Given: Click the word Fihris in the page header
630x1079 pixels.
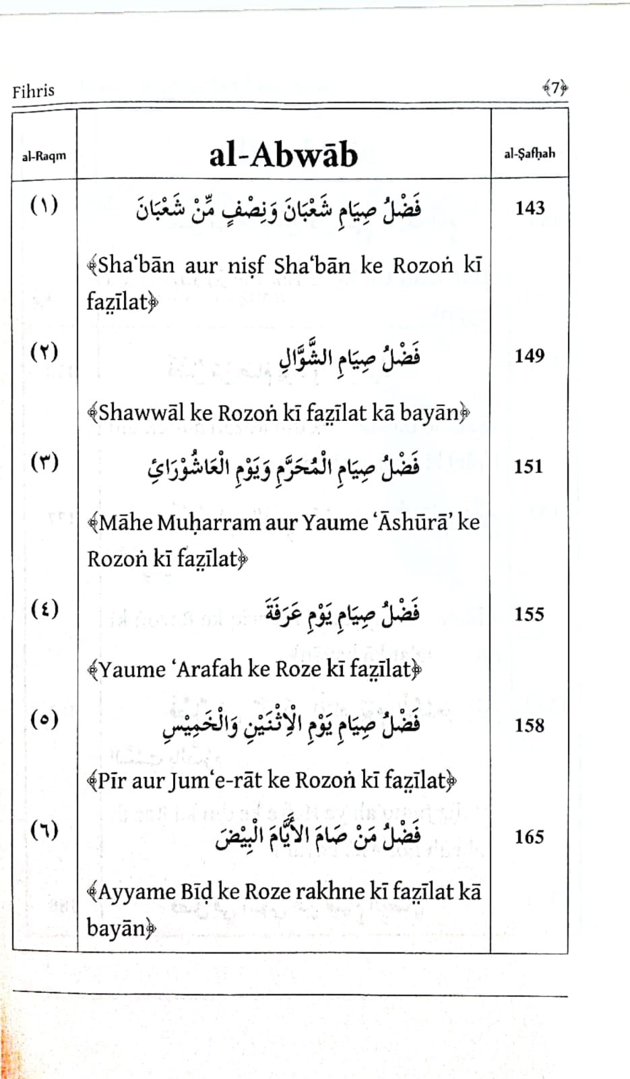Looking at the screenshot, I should (33, 90).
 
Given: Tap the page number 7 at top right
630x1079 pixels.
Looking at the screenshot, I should (555, 88).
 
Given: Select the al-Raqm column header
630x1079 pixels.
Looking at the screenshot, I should (44, 156).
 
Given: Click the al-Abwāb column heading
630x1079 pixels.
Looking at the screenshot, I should (283, 154).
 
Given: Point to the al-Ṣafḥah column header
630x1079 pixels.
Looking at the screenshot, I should (530, 153).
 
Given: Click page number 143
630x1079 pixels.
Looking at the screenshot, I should (530, 208).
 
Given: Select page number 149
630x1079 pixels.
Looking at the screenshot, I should (529, 355).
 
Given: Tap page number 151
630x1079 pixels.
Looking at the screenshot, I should (528, 466).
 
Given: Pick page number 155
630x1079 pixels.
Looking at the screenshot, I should (529, 614).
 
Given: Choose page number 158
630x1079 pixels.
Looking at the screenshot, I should (529, 725).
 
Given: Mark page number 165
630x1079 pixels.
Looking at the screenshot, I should (529, 836).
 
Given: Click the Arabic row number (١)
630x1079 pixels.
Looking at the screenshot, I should (44, 204).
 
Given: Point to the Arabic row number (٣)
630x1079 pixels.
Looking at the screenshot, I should (44, 462).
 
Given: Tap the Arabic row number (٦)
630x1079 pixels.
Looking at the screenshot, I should (44, 829).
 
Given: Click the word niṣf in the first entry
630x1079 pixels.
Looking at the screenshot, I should (246, 266).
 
